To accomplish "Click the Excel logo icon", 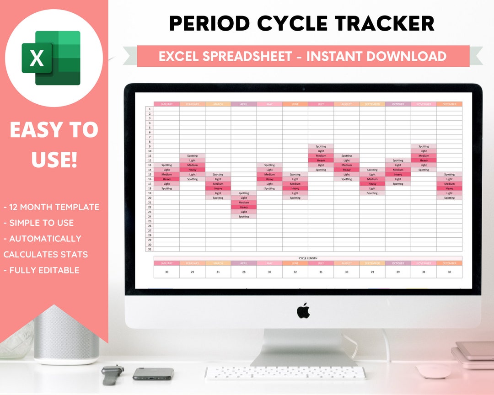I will pos(51,58).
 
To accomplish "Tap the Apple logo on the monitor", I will pos(303,311).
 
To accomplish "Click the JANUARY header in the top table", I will pos(166,104).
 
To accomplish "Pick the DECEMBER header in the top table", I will pos(449,104).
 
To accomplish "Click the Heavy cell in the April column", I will pos(244,207).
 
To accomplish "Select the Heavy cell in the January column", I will pos(166,179).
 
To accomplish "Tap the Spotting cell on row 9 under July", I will pos(321,146).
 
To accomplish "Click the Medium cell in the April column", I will pos(244,203).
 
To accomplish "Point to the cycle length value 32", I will pos(295,272).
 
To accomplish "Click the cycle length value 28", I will pos(244,272).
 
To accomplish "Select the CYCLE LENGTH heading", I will pos(308,258).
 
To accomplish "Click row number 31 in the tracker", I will pos(150,249).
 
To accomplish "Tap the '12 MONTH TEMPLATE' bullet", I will pos(51,207).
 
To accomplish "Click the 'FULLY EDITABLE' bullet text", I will pos(42,270).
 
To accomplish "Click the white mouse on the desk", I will pos(433,371).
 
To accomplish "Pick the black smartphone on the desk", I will pos(153,374).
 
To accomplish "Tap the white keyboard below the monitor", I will pos(285,373).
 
